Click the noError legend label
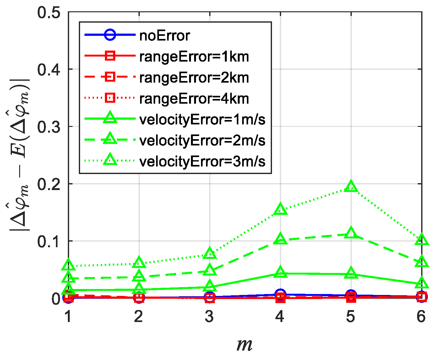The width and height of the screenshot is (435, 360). pos(165,35)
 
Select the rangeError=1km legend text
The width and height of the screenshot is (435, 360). pos(194,57)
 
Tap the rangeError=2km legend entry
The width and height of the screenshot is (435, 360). pos(194,78)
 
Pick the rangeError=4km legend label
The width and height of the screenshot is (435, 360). pos(194,99)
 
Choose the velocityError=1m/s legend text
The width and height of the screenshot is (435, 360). pos(202,120)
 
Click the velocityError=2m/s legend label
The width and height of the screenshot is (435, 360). pos(202,140)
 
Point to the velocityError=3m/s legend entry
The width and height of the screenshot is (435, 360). pos(202,161)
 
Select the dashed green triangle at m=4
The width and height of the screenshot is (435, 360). pos(280,239)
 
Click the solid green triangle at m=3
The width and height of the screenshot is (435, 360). pos(210,286)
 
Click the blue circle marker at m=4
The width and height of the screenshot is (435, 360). pos(280,295)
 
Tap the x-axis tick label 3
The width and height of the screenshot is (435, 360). pos(209,317)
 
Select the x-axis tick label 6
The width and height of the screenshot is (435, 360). pos(421,317)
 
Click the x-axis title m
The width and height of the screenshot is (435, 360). pos(244,345)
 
